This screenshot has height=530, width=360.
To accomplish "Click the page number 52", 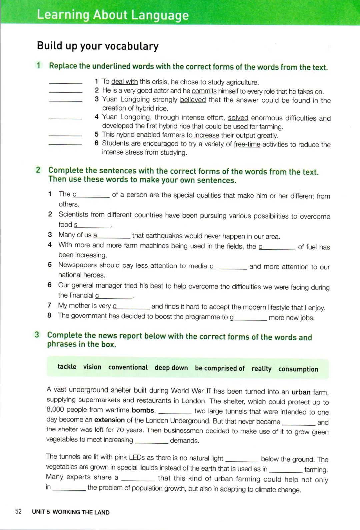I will pyautogui.click(x=18, y=511).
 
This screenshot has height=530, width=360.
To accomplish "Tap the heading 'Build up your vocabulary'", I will pyautogui.click(x=98, y=46).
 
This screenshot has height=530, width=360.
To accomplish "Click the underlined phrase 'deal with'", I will pyautogui.click(x=124, y=82).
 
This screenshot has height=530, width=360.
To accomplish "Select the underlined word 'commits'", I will pyautogui.click(x=204, y=91).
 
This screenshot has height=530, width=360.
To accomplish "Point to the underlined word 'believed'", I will pyautogui.click(x=193, y=100).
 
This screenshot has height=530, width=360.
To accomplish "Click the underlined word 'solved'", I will pyautogui.click(x=238, y=118).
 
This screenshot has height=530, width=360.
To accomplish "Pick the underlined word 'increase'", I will pyautogui.click(x=207, y=135).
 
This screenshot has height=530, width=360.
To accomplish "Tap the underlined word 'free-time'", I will pyautogui.click(x=247, y=144).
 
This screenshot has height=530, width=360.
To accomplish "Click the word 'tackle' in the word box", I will pyautogui.click(x=67, y=367).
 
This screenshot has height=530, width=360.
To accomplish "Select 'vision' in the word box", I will pyautogui.click(x=92, y=367).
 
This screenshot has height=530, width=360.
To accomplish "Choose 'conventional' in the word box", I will pyautogui.click(x=128, y=367).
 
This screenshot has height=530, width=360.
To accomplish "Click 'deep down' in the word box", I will pyautogui.click(x=171, y=368).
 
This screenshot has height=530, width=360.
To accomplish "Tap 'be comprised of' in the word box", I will pyautogui.click(x=220, y=368).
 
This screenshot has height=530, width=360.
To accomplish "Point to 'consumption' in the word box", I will pyautogui.click(x=298, y=369).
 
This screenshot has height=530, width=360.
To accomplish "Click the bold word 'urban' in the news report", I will pyautogui.click(x=301, y=392).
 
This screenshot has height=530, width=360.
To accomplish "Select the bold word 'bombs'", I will pyautogui.click(x=143, y=410).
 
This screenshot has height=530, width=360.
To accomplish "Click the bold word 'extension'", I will pyautogui.click(x=109, y=420).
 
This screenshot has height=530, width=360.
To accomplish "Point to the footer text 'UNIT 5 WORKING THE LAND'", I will pyautogui.click(x=71, y=512).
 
